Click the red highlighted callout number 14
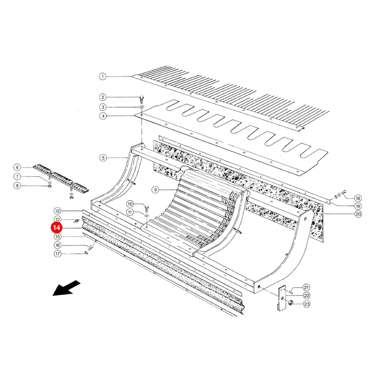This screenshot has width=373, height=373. [x=56, y=228]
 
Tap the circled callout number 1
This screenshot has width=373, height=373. [x=102, y=77]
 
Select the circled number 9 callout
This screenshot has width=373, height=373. [x=155, y=189]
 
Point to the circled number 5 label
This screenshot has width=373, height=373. [x=103, y=158]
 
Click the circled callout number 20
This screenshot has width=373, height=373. [x=358, y=214]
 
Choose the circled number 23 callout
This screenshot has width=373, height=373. [x=307, y=304]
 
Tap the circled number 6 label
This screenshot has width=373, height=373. [x=17, y=167]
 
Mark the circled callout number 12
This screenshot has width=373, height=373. [x=58, y=211]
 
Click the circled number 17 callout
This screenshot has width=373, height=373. [x=58, y=254]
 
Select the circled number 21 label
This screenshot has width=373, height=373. [x=306, y=287]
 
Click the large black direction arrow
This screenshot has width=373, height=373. [x=66, y=288]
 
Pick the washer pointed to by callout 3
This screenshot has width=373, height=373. [x=142, y=107]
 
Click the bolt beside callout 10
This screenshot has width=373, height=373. [x=147, y=208]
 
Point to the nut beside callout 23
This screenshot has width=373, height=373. [x=291, y=303]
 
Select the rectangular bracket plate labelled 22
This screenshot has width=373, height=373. [x=282, y=298]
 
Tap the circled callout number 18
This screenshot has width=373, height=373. [x=358, y=198]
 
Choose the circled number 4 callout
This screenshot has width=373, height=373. [x=103, y=116]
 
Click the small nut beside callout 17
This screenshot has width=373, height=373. [x=86, y=253]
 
